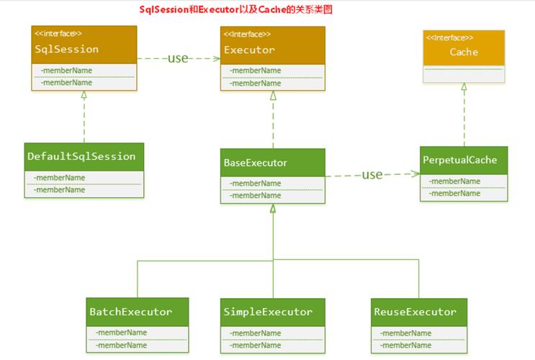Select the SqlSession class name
(66, 50)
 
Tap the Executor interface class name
(249, 50)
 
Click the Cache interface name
(463, 52)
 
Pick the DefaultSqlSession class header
(81, 156)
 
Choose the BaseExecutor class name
(255, 163)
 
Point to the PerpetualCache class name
(459, 160)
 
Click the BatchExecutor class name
(130, 312)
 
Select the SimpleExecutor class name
(268, 312)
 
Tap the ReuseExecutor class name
(415, 312)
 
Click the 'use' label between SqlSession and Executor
(178, 58)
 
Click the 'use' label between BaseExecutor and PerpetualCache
(372, 174)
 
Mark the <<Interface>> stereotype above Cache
(449, 37)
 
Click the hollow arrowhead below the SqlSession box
(84, 95)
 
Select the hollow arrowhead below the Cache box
(464, 86)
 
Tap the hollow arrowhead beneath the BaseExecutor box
(273, 209)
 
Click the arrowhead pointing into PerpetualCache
(415, 174)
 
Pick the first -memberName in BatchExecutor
(121, 333)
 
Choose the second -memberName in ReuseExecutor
(405, 345)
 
